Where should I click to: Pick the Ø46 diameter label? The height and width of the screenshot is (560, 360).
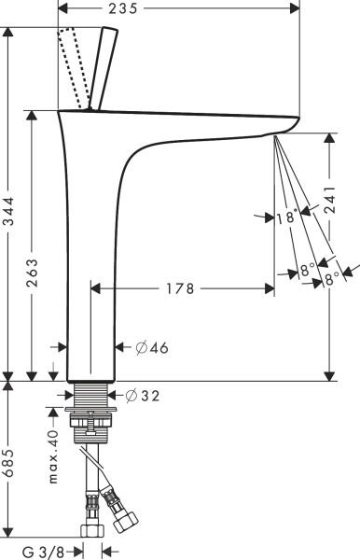pos(152,348)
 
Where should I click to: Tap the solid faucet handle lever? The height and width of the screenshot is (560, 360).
pos(104,68)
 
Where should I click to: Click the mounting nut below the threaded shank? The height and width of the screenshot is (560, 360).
pos(93,429)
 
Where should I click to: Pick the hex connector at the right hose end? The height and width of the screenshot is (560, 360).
pos(124,515)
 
